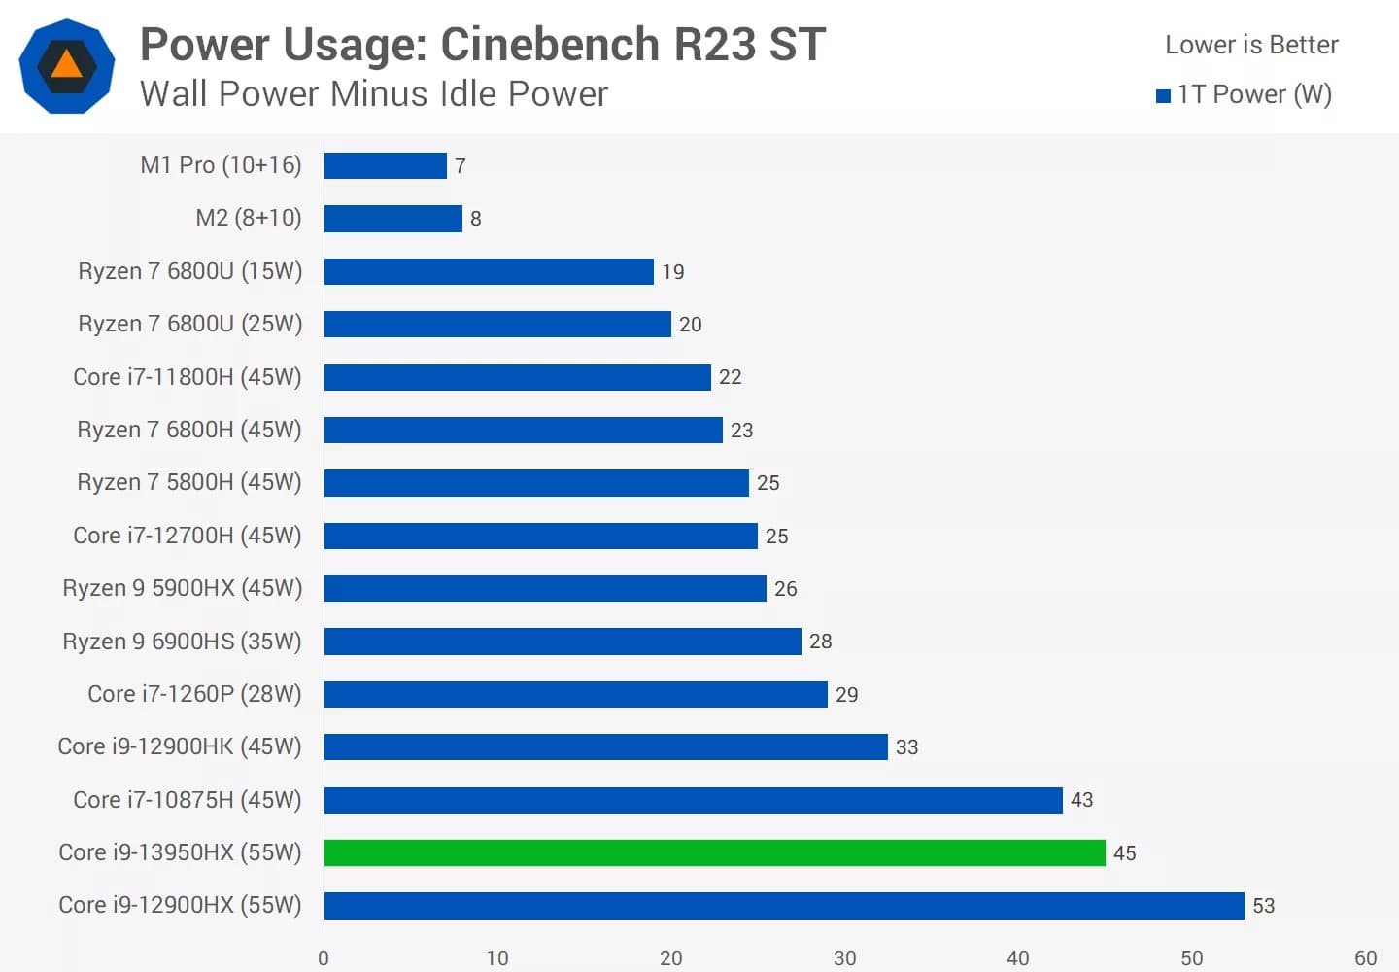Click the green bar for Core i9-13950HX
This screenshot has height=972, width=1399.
pyautogui.click(x=714, y=852)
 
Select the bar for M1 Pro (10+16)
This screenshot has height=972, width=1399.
pyautogui.click(x=385, y=165)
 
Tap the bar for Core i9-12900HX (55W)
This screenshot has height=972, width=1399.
pyautogui.click(x=783, y=905)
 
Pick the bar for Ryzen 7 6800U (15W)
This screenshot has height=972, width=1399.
pyautogui.click(x=488, y=271)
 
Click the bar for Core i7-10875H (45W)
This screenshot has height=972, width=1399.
pyautogui.click(x=693, y=800)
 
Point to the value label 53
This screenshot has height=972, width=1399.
pyautogui.click(x=1263, y=906)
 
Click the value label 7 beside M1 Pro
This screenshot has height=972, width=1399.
pyautogui.click(x=461, y=166)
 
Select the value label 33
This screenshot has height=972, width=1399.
pyautogui.click(x=906, y=747)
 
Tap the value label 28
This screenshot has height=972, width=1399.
pyautogui.click(x=820, y=642)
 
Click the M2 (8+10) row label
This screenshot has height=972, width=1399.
pyautogui.click(x=249, y=218)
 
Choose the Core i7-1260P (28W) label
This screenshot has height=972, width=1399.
pyautogui.click(x=194, y=694)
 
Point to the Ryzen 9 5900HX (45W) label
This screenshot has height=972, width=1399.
pyautogui.click(x=183, y=588)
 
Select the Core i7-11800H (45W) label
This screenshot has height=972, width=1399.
pyautogui.click(x=188, y=377)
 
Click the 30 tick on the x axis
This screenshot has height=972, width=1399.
pyautogui.click(x=844, y=958)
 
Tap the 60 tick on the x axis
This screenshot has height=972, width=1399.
pyautogui.click(x=1365, y=958)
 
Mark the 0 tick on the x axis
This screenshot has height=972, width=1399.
pyautogui.click(x=324, y=958)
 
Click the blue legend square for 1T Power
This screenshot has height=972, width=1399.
pyautogui.click(x=1163, y=95)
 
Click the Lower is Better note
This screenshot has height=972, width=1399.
pyautogui.click(x=1251, y=45)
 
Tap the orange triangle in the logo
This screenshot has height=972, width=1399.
pyautogui.click(x=66, y=65)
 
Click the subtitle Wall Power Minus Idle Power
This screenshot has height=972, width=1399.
pyautogui.click(x=374, y=94)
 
